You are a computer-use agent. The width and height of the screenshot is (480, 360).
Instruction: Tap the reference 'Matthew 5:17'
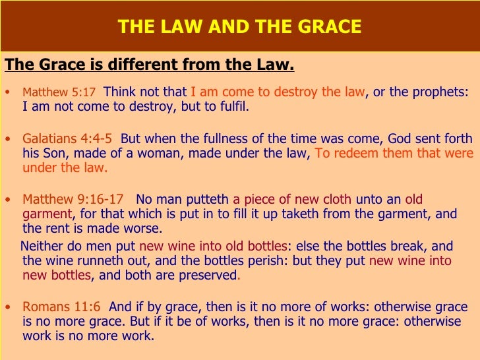(59, 92)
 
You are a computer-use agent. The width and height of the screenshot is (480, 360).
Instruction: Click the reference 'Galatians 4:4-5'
(67, 139)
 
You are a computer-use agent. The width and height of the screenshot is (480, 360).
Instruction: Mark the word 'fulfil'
(231, 107)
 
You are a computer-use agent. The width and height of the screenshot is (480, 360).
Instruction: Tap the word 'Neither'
(44, 246)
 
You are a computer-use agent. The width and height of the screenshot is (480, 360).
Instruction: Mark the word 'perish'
(270, 260)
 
